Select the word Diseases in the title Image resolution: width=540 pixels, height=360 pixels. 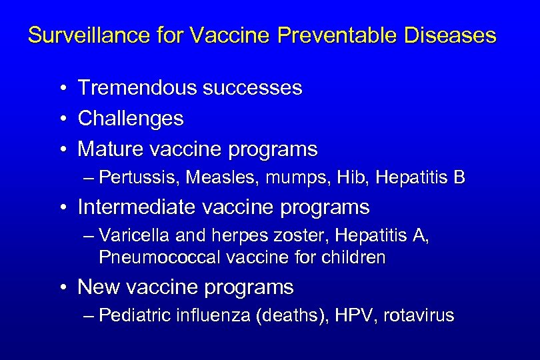coord(455,35)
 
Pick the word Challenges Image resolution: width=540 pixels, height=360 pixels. coord(131,119)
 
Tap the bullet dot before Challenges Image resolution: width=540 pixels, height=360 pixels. coord(61,119)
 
